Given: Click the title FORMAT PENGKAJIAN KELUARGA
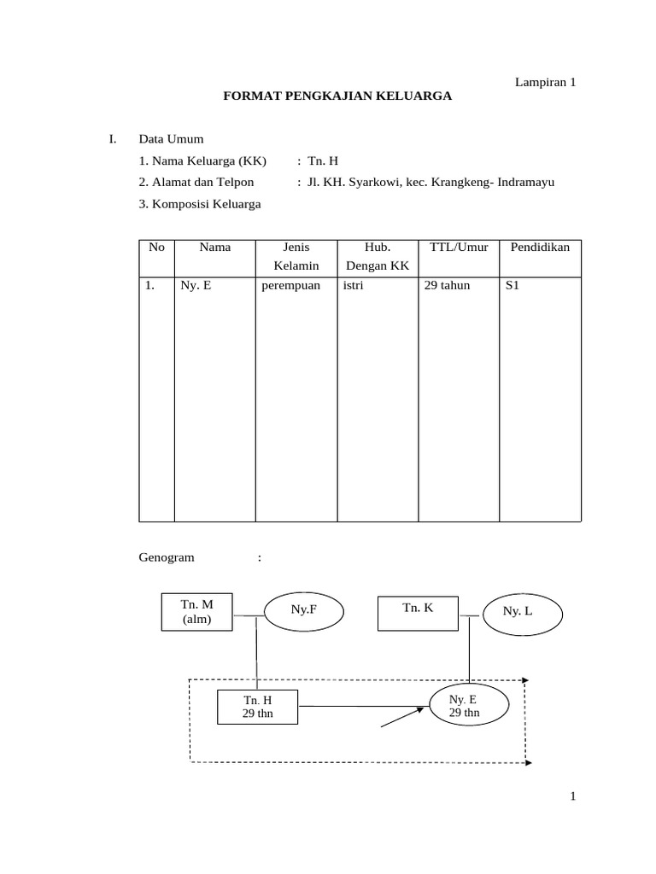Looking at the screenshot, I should pos(337,96).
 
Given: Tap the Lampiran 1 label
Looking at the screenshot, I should pos(545,82).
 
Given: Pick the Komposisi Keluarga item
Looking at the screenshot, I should pos(200,203).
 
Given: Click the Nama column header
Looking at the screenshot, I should pos(215,248).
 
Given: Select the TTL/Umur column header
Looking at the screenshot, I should pos(459,248).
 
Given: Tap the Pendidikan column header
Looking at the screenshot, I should pos(540,248).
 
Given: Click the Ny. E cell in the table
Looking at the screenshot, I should pos(196,286).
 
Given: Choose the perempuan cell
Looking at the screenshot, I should pos(291,286).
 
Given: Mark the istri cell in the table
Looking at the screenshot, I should pos(353,286).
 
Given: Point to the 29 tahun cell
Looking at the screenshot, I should pos(447,286).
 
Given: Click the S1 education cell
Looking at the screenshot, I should pos(512,286).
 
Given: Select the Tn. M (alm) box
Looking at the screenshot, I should pos(196,612).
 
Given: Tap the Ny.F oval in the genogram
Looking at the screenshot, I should pos(304,610).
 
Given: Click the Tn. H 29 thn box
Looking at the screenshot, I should pos(258,707).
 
